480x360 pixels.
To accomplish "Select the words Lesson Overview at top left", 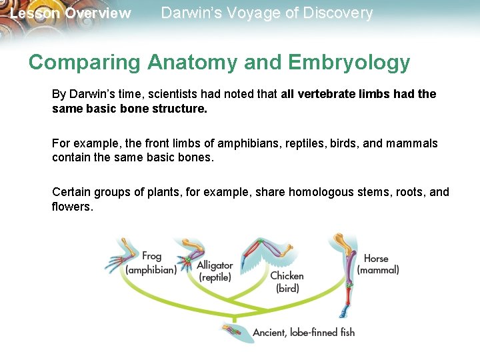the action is [x=70, y=13].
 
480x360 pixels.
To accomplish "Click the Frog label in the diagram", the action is [x=152, y=256].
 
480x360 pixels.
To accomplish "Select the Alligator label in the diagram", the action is [x=215, y=265].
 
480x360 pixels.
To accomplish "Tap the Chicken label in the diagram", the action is [x=287, y=276].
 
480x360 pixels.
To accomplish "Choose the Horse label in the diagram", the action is [x=376, y=258].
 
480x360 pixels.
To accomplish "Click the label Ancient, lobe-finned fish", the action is [x=303, y=332].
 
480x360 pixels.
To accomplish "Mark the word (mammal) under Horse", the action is [x=378, y=270].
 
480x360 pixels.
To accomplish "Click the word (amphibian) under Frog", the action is [x=151, y=270].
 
